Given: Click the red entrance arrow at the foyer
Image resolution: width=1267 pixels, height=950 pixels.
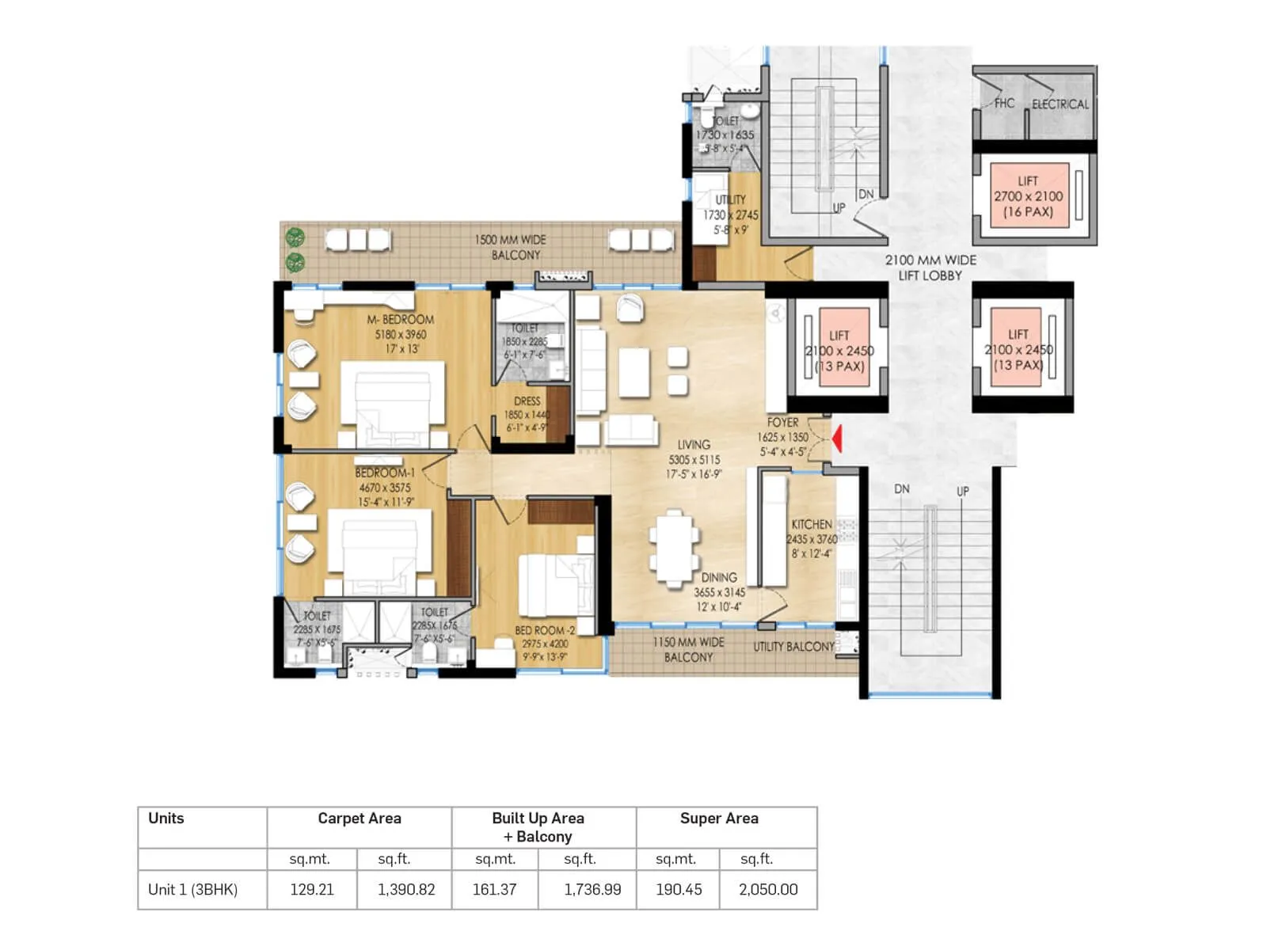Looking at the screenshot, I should (x=836, y=438).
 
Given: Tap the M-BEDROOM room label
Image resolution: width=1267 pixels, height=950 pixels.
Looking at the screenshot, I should (x=401, y=320).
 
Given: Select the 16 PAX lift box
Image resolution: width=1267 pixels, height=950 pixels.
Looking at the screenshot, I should (x=1029, y=196).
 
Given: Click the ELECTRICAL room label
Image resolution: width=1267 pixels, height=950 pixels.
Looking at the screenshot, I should (x=1060, y=104).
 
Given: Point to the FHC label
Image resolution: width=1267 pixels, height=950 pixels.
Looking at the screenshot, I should (x=1004, y=103).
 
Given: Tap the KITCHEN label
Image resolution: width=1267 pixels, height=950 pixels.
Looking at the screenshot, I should (x=812, y=524).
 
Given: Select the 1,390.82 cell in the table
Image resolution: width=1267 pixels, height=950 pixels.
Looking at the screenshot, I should (x=406, y=889).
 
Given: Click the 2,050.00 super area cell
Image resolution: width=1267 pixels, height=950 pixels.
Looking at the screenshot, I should (x=767, y=889).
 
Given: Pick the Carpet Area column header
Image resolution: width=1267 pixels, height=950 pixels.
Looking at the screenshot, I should (x=359, y=819).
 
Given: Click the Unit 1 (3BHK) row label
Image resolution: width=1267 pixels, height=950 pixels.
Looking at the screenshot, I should (x=192, y=889).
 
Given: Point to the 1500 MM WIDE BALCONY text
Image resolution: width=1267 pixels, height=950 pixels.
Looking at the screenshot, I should (x=512, y=247).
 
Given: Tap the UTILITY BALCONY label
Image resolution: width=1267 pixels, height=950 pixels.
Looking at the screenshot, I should (x=793, y=647).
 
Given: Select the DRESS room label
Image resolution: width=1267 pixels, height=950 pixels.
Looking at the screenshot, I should (x=527, y=401).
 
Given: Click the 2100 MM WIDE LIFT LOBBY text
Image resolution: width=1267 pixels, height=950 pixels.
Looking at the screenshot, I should (x=930, y=268).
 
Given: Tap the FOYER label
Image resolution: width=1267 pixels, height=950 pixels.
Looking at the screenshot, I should (x=782, y=423).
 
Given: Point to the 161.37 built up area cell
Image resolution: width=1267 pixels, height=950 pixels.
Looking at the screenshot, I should (x=494, y=889).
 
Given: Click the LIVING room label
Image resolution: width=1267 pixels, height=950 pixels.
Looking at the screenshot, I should (x=694, y=445).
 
